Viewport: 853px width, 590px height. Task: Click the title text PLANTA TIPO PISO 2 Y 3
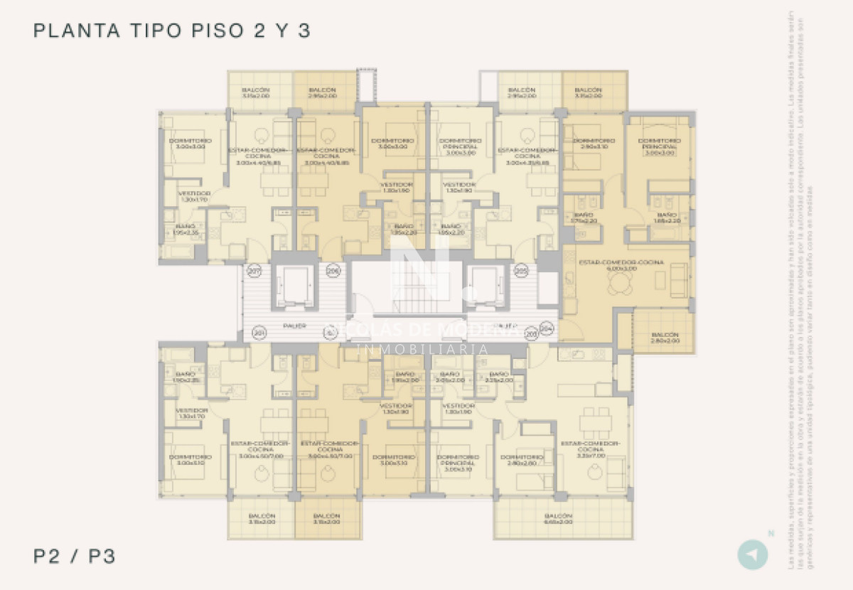173,31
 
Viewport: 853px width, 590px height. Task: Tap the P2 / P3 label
74,556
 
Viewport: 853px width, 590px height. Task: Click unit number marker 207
254,270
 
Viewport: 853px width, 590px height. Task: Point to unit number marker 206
333,270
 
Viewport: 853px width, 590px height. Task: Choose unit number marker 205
521,270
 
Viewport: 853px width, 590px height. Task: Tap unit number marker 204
547,328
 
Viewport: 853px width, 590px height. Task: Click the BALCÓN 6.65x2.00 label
558,519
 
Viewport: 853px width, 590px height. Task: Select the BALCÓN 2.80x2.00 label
665,338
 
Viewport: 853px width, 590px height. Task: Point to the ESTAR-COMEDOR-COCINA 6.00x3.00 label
621,265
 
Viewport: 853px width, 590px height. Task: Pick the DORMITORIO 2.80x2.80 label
522,460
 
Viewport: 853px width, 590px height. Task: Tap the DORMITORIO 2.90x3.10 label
592,144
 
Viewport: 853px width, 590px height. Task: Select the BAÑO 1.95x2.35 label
186,229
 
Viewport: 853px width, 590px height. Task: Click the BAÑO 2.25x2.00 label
499,377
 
